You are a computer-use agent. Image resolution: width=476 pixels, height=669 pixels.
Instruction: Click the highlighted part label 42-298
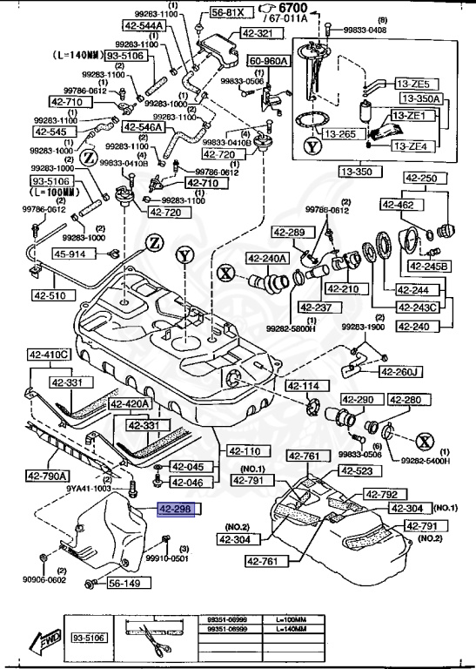(x=178, y=509)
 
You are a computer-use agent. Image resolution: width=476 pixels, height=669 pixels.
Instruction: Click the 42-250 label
(x=422, y=178)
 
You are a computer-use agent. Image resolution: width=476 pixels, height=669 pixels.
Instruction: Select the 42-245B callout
(x=429, y=266)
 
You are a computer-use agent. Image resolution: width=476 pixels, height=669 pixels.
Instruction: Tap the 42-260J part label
(x=400, y=372)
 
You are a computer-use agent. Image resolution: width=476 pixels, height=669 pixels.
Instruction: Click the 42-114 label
(x=304, y=386)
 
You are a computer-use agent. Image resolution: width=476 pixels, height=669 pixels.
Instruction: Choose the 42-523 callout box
(x=356, y=471)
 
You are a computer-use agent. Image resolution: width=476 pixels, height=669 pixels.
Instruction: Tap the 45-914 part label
(x=70, y=254)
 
